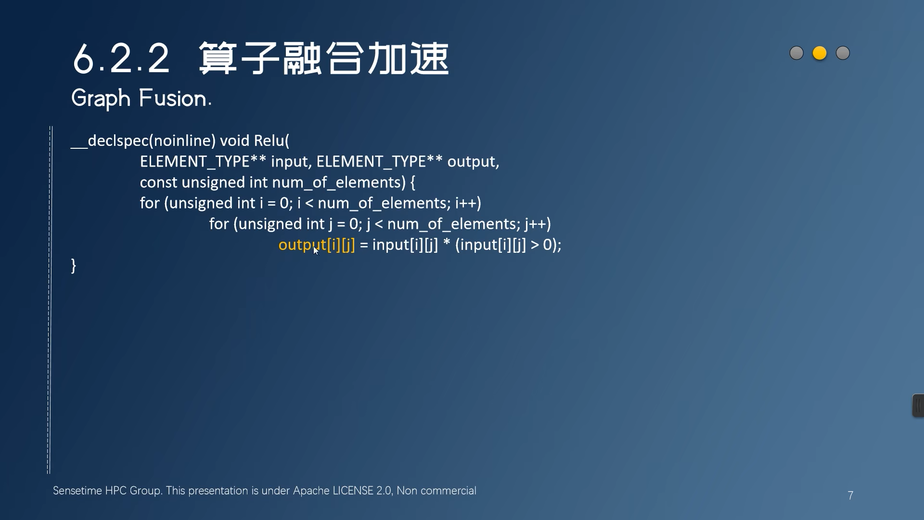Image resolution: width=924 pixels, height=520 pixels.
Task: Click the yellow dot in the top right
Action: [x=820, y=53]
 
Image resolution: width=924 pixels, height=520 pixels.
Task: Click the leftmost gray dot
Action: [x=796, y=53]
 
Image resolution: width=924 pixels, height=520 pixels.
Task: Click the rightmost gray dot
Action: [x=843, y=53]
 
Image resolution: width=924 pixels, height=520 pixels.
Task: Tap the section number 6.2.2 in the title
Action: [x=121, y=59]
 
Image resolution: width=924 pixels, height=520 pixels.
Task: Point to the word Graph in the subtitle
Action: [x=101, y=99]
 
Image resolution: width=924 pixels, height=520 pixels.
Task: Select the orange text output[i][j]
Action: [x=316, y=245]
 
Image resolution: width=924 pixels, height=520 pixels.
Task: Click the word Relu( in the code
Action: [x=271, y=141]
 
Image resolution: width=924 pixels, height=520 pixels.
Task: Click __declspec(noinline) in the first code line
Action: [x=143, y=141]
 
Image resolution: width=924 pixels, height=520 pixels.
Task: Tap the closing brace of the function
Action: [x=74, y=265]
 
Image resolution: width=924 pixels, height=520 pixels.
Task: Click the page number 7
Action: [x=850, y=495]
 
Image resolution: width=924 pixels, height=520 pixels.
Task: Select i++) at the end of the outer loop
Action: [x=468, y=203]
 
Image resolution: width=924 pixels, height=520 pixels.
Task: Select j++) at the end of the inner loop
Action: [x=538, y=224]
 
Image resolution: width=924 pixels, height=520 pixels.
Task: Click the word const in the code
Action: [x=158, y=182]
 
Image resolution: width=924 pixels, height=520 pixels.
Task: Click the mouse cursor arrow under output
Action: [x=316, y=250]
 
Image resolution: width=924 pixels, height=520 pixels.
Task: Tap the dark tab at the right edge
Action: [x=918, y=405]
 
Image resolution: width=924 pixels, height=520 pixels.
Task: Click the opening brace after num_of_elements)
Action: [x=412, y=182]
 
